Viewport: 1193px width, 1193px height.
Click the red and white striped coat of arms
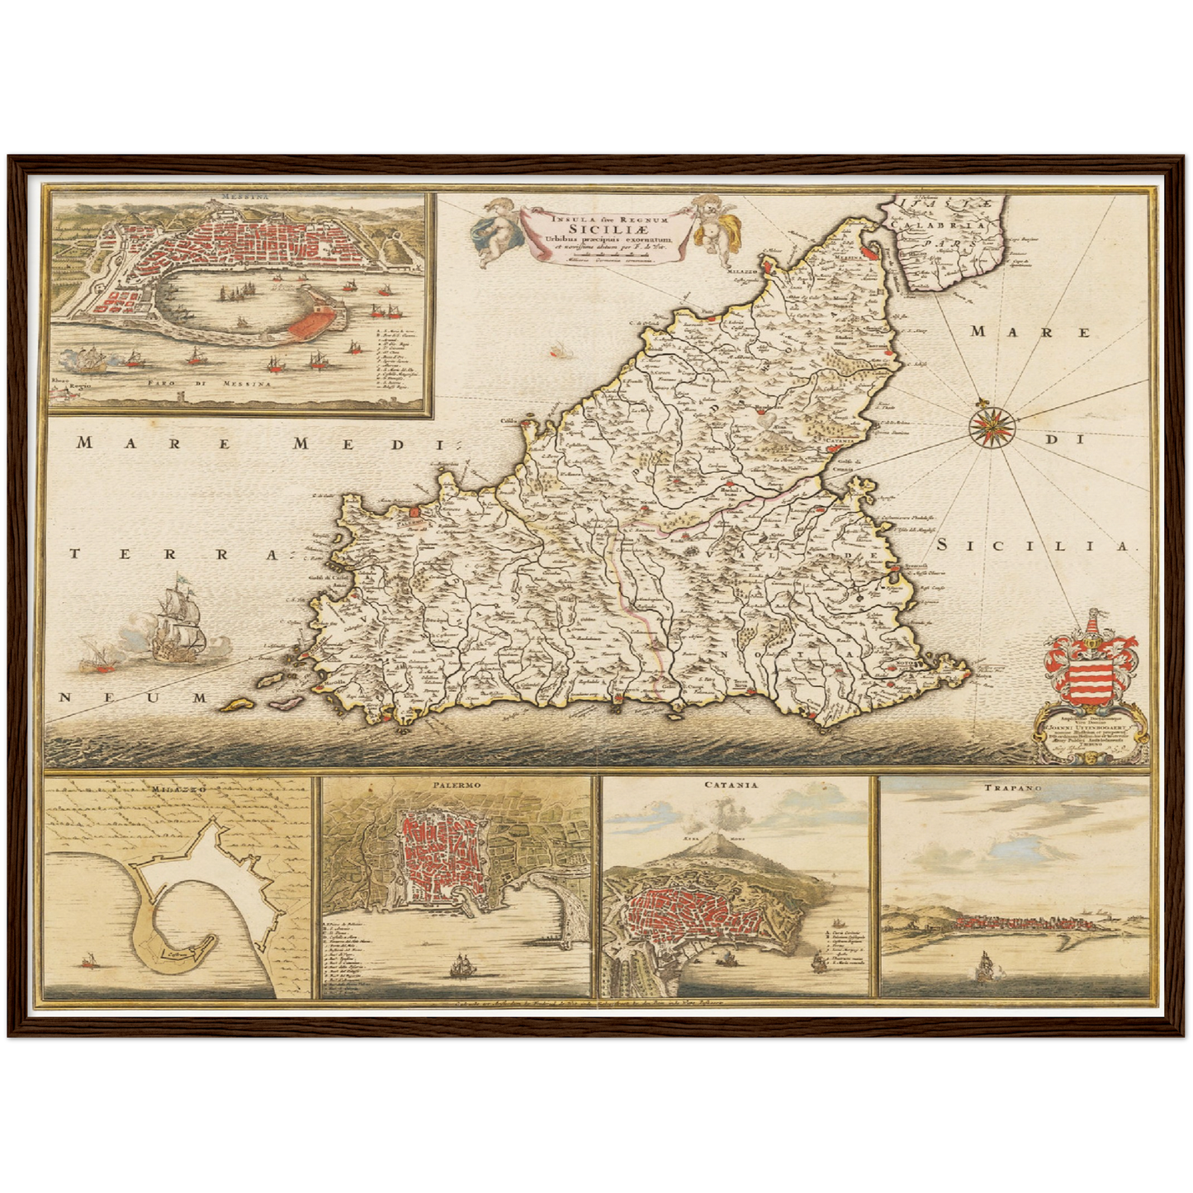pos(1088,670)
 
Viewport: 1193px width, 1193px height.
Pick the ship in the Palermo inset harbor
pos(460,966)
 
